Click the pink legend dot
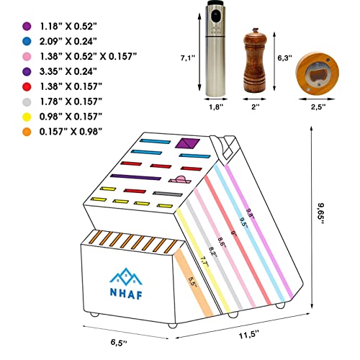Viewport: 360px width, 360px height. [x=27, y=57]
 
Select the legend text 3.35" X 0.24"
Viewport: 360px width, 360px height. [x=68, y=71]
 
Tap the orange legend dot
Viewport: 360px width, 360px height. [x=27, y=132]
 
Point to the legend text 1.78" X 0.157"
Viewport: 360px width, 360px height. [x=71, y=102]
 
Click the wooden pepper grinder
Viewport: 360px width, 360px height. [x=255, y=60]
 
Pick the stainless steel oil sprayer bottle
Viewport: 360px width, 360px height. [x=215, y=48]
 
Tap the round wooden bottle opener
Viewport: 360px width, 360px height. [x=318, y=73]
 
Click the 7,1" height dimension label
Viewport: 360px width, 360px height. [x=188, y=58]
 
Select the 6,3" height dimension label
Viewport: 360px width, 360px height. [x=285, y=58]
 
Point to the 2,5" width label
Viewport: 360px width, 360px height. [x=318, y=107]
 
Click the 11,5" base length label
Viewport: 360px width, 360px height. [x=249, y=335]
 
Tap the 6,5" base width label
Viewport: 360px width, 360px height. [x=119, y=342]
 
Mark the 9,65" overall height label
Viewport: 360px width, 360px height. [x=321, y=213]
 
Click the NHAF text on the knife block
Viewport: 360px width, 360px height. [x=126, y=293]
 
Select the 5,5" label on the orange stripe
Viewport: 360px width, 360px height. [x=192, y=282]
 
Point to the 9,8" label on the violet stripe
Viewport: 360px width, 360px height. [x=251, y=212]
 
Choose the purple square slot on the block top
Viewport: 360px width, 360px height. [x=187, y=143]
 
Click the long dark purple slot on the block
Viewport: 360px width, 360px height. [x=135, y=177]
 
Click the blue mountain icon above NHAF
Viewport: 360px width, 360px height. [x=126, y=276]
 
